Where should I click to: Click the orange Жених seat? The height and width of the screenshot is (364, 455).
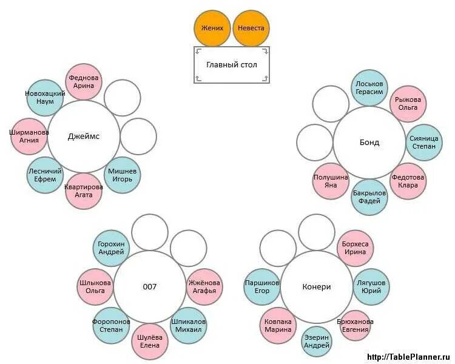tap(212, 29)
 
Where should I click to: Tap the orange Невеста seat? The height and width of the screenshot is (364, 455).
tap(251, 29)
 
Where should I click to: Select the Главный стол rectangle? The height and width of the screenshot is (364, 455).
tap(232, 65)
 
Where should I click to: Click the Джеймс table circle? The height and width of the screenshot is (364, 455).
tap(83, 136)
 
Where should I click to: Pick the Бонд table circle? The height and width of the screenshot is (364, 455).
tap(369, 143)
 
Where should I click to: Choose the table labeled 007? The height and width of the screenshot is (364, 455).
tap(149, 287)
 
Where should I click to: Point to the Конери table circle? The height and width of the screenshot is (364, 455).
tap(316, 287)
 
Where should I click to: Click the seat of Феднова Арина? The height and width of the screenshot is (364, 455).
tap(84, 82)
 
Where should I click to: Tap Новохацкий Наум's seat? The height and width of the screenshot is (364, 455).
tap(45, 98)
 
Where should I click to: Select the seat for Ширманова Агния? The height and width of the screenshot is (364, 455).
tap(29, 136)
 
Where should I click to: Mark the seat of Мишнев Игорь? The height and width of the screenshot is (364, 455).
tap(123, 175)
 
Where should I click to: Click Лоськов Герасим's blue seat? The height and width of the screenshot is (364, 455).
tap(369, 87)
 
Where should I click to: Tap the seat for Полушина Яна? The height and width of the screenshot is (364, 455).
tap(331, 181)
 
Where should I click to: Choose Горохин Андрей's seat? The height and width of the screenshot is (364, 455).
tap(111, 248)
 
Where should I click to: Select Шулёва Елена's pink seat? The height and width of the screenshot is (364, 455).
tap(149, 342)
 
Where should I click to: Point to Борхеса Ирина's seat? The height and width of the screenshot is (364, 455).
tap(354, 248)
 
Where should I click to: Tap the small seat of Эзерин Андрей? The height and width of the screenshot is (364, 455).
tap(317, 342)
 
